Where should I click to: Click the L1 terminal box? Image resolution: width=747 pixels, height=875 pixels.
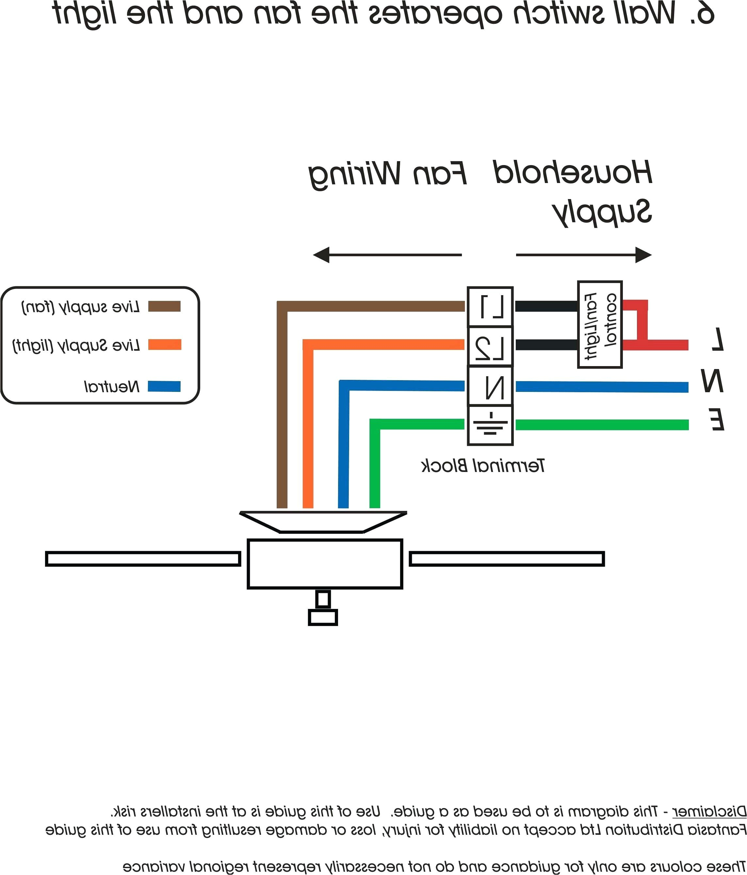[490, 307]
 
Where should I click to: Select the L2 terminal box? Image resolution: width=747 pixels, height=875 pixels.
[490, 346]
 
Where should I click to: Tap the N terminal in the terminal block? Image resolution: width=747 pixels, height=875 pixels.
[490, 386]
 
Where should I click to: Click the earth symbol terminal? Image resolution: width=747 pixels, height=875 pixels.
[490, 425]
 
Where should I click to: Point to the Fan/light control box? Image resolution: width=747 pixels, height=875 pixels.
[599, 324]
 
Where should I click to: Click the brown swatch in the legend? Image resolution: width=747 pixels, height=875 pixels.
[164, 306]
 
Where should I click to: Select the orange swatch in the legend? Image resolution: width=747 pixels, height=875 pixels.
[164, 345]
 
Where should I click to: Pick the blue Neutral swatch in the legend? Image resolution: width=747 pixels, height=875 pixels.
[164, 386]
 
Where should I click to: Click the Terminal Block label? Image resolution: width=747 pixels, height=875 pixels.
[483, 466]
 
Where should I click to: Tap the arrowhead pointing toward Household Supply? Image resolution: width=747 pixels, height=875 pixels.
[643, 255]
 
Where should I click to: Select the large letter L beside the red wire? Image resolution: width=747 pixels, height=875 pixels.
[717, 339]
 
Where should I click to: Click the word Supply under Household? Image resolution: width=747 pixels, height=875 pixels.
[603, 212]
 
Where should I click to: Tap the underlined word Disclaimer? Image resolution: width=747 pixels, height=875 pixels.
[709, 811]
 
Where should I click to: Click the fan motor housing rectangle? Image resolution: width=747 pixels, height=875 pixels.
[325, 564]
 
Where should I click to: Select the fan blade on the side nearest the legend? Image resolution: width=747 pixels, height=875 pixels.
[143, 559]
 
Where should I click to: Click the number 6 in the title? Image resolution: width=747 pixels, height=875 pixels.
[702, 13]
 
